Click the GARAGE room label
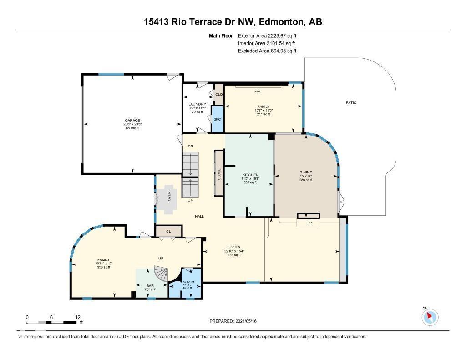(132, 121)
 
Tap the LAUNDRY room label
(198, 104)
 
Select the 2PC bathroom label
(218, 119)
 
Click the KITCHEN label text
(250, 175)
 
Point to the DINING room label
(306, 172)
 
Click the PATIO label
(351, 103)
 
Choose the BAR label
(137, 286)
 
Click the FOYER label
(169, 197)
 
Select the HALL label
(199, 216)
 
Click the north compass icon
(430, 317)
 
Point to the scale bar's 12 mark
(78, 317)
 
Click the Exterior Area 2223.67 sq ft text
(267, 35)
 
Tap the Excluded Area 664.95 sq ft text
(267, 51)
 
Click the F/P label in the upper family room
(257, 92)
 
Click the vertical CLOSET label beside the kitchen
(219, 173)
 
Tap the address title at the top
(233, 22)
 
